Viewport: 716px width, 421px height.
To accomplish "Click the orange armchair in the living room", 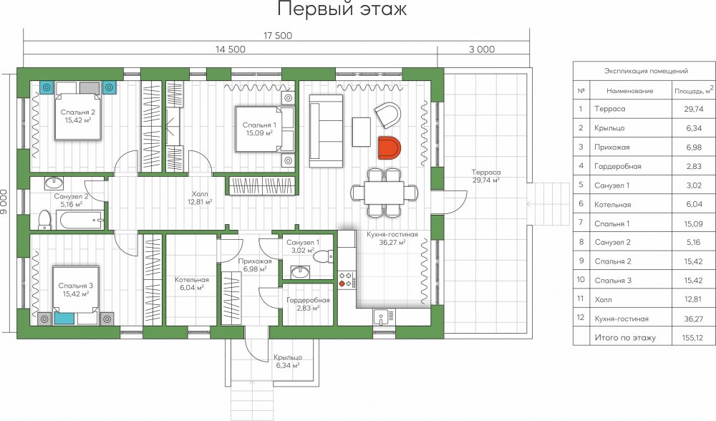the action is (389, 147).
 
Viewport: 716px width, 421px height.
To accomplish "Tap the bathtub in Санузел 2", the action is (82, 220).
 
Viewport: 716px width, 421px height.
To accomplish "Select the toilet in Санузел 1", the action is (324, 256).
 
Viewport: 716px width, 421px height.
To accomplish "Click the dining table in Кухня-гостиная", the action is (384, 192).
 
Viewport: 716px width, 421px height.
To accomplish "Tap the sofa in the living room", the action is (326, 131).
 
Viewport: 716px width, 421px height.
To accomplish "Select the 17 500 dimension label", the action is (278, 35).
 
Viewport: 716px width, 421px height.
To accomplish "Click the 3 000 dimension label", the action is (482, 49).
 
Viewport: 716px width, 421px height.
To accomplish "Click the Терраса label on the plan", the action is (486, 172).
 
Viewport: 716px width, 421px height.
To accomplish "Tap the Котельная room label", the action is (192, 279).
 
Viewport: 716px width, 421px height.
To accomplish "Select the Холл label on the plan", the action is (200, 194).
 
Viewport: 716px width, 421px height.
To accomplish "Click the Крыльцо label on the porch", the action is (288, 357).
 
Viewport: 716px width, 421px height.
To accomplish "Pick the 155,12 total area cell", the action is (694, 338).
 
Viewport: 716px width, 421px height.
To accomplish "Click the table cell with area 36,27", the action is (694, 319).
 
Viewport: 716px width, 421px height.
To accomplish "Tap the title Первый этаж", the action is (342, 9).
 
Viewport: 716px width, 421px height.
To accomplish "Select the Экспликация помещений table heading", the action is (646, 71).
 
